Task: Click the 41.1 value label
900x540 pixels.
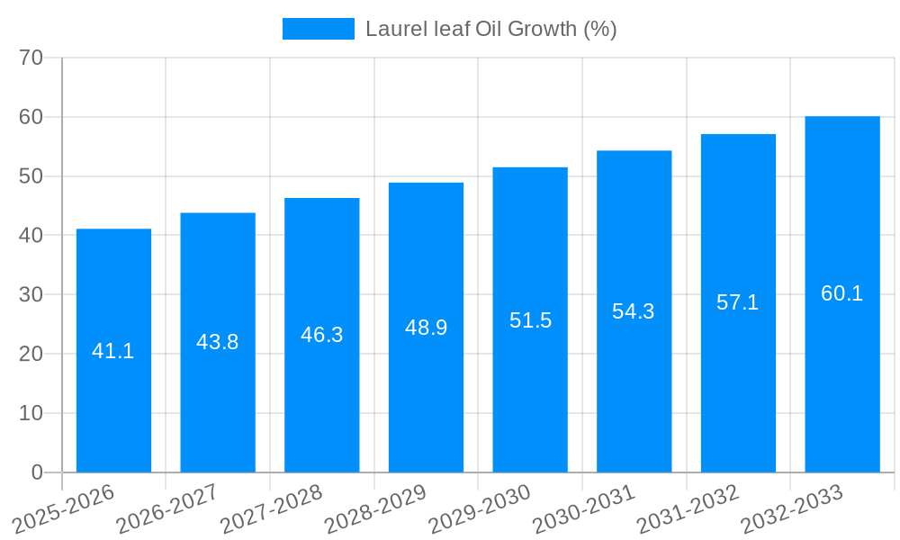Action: click(113, 351)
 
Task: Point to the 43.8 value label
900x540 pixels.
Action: click(218, 342)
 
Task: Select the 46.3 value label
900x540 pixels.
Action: click(322, 335)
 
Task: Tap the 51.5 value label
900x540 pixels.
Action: click(530, 320)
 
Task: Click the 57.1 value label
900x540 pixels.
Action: click(738, 302)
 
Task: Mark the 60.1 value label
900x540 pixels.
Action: click(842, 293)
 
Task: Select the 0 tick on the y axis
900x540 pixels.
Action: click(37, 472)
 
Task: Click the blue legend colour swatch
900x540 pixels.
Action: click(319, 29)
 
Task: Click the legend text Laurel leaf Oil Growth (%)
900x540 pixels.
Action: click(490, 29)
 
